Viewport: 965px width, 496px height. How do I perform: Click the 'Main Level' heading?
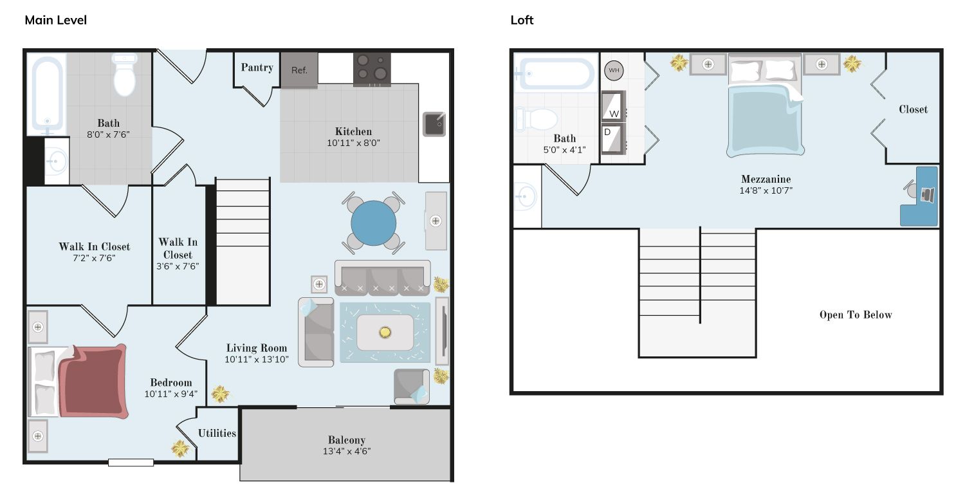pos(55,20)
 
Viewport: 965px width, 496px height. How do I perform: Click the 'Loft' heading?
pos(522,20)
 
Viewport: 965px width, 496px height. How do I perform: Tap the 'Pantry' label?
pos(257,67)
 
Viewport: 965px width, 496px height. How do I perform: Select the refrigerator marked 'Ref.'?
pos(299,70)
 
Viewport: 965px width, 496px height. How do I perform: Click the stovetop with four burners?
pos(372,69)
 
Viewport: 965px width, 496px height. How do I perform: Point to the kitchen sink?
pos(434,124)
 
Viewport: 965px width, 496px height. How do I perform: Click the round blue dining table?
pos(374,223)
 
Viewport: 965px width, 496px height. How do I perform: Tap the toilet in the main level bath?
pos(125,74)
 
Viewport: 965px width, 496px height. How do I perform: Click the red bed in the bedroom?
pos(92,381)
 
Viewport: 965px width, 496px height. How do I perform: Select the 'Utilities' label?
pos(217,433)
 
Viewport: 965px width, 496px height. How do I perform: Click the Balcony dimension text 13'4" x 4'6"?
pos(347,451)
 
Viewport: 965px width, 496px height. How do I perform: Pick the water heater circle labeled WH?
pos(614,70)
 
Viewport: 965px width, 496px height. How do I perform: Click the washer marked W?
pos(614,106)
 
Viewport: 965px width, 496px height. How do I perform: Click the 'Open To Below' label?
pos(856,315)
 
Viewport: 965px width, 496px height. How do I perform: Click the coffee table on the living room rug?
pos(385,332)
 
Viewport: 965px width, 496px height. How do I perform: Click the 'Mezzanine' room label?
pos(766,179)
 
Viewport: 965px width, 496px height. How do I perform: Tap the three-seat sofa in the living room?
pos(383,278)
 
